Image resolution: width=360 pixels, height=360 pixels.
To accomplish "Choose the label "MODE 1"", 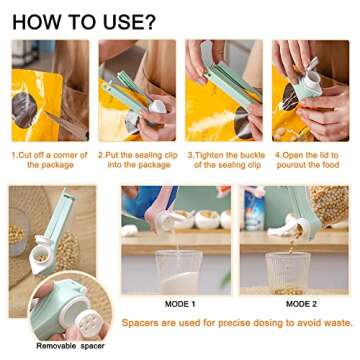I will tap(181, 302).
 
